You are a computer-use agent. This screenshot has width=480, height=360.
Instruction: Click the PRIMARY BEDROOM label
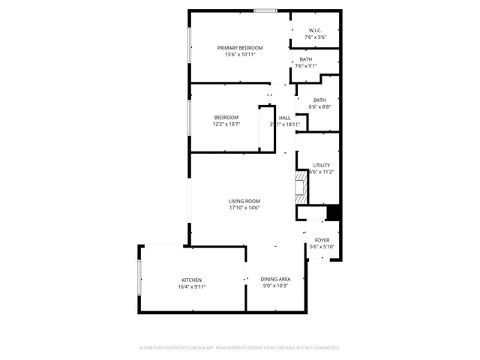coord(240,47)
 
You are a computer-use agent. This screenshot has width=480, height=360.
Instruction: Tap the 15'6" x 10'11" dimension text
coord(240,55)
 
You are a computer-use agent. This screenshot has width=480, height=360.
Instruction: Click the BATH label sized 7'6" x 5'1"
coord(305,59)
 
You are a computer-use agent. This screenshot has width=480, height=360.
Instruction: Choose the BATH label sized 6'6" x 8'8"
coord(319,100)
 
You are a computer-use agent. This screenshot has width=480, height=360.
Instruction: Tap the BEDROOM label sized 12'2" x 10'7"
coord(226,117)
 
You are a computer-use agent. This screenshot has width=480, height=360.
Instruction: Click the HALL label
coord(284,118)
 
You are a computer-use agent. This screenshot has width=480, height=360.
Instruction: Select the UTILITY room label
coord(321,165)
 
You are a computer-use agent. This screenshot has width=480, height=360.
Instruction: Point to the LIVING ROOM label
coord(244,201)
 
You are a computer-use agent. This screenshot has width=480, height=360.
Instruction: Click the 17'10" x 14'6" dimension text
coord(244,208)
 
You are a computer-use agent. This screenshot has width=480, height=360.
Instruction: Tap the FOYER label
coord(322,240)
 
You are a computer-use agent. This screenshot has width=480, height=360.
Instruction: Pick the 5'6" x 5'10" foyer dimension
coord(322,247)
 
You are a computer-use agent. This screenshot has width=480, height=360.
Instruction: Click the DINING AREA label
coord(275,279)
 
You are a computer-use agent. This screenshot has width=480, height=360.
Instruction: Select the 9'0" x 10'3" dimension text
coord(275,286)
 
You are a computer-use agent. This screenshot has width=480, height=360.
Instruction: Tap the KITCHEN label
coord(191,280)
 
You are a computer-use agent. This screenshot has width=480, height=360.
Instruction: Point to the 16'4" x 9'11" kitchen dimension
coord(191,286)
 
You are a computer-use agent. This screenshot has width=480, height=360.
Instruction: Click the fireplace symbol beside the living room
coord(301,187)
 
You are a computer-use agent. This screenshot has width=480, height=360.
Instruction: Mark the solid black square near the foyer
coord(334,213)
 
